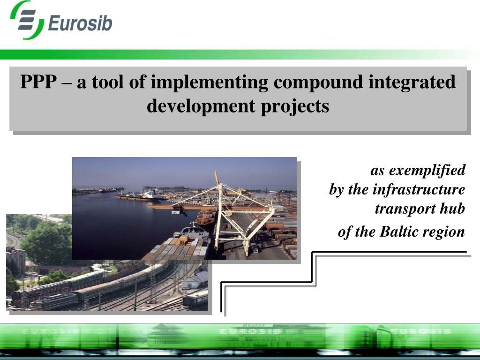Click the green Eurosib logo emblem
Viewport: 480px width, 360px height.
tap(27, 20)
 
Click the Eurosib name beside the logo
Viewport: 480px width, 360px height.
tap(80, 23)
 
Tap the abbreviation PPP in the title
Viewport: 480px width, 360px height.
tap(38, 82)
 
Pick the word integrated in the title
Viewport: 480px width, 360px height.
tap(412, 82)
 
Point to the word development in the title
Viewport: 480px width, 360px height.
tap(201, 106)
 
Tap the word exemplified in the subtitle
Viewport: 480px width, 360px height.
tap(427, 170)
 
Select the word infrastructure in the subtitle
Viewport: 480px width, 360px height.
tap(419, 189)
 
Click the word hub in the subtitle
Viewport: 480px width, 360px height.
tap(452, 209)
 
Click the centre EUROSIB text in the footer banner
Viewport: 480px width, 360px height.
tap(250, 331)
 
